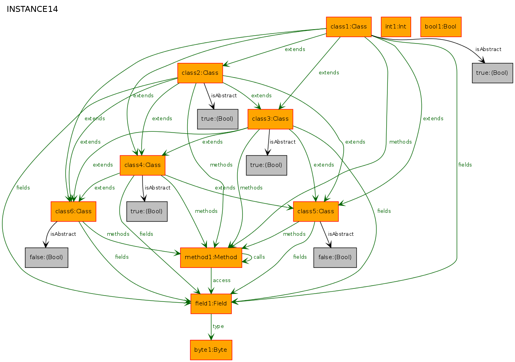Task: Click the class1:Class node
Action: tap(349, 27)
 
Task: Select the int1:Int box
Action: tap(396, 27)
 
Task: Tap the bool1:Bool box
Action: tap(441, 27)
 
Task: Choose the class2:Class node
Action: tap(200, 73)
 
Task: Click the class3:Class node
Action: tap(271, 119)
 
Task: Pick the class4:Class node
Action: tap(143, 165)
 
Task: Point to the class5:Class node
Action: tap(316, 211)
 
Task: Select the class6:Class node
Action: tap(73, 211)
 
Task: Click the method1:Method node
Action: tap(211, 258)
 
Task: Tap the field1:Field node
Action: tap(211, 304)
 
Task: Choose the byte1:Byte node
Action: tap(211, 350)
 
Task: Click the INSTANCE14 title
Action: tap(32, 9)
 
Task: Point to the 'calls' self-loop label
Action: tap(259, 257)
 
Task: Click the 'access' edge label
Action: tap(222, 281)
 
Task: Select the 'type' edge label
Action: tap(218, 326)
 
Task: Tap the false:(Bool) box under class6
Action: tap(47, 258)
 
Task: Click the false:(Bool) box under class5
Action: tap(335, 258)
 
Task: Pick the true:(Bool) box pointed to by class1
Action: tap(492, 73)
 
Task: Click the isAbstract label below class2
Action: tap(224, 96)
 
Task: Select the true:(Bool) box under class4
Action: tap(147, 211)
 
